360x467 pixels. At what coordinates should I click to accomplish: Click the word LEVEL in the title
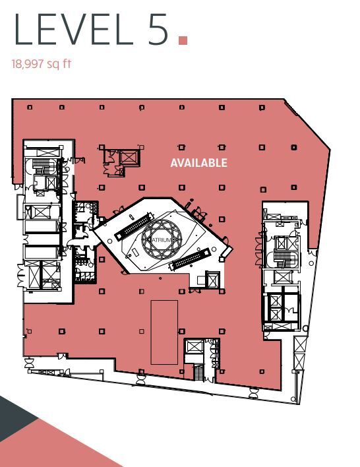coord(73,30)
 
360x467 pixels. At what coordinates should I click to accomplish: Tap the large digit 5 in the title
coord(158,30)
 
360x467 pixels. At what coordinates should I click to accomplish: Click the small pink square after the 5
coord(183,40)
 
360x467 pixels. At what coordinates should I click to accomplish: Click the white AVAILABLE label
coord(199,163)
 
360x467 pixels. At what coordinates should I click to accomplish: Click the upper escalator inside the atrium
coord(133,226)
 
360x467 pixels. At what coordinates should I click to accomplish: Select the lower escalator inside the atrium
coord(190,259)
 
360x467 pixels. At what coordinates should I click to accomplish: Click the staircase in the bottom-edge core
coord(198,372)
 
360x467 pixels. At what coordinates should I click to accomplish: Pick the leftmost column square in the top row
coord(30,108)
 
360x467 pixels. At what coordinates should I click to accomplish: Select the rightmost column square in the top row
coord(262,108)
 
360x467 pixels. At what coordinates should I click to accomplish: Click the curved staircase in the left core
coord(40,166)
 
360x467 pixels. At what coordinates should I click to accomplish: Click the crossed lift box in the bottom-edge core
coord(194,346)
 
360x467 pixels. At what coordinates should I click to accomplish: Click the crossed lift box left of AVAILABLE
coord(129,157)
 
